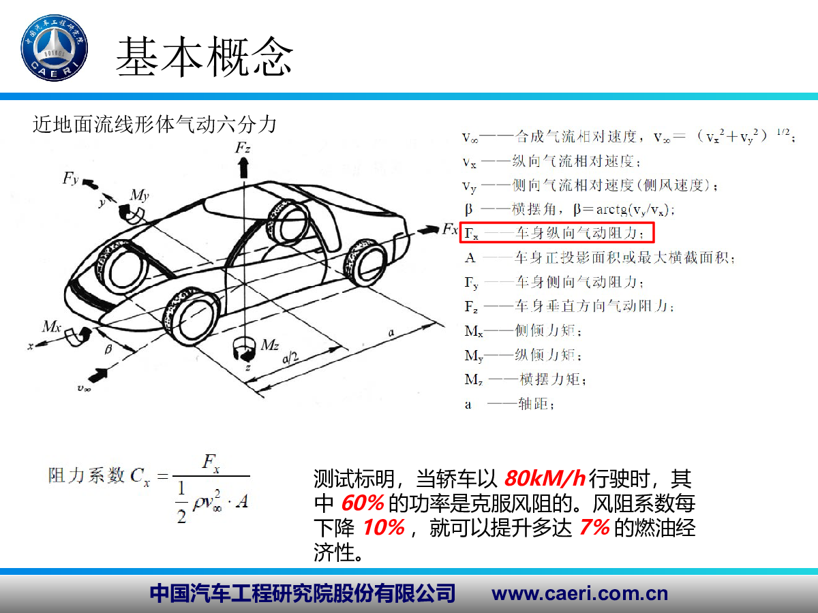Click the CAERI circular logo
[x=55, y=48]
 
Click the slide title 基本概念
[x=204, y=57]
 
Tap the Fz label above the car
[x=243, y=148]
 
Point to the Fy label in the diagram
[x=71, y=178]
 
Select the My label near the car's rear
[x=140, y=195]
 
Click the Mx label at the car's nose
[x=52, y=326]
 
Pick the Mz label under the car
[x=270, y=345]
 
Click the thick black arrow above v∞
[x=98, y=375]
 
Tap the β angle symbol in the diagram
[x=108, y=349]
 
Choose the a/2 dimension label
[x=290, y=358]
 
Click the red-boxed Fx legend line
[x=557, y=233]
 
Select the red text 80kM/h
[x=545, y=479]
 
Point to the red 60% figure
[x=362, y=503]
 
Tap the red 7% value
[x=594, y=527]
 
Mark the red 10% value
[x=384, y=527]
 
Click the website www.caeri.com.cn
[x=580, y=594]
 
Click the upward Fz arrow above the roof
[x=244, y=168]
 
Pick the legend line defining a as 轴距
[x=509, y=404]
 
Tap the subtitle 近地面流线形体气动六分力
[x=155, y=125]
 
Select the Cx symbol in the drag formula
[x=140, y=477]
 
